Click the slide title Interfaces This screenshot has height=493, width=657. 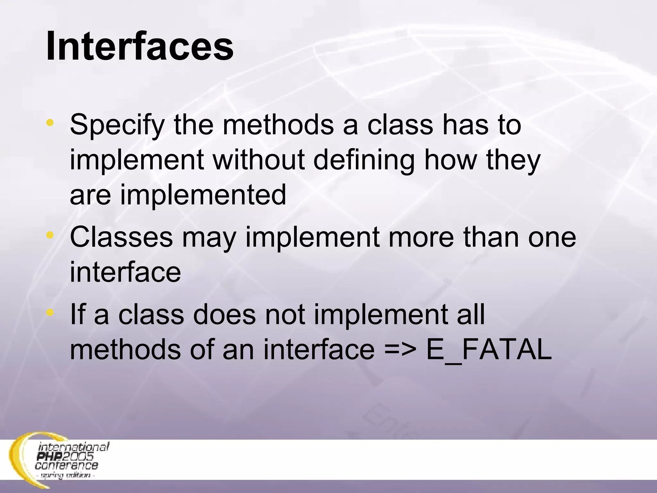point(140,47)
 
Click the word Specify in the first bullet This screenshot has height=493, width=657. point(117,125)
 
